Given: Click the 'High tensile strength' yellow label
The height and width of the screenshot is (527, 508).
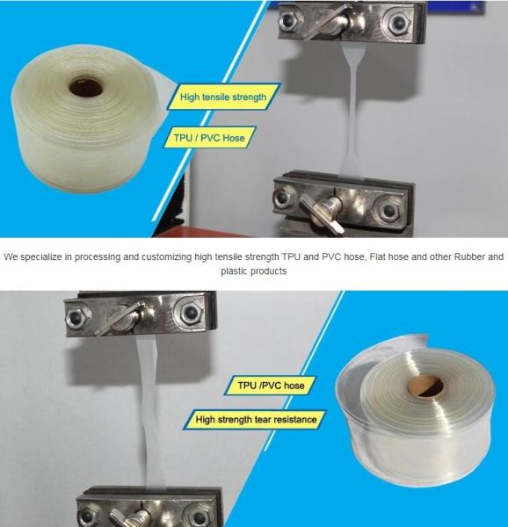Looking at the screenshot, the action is tap(223, 97).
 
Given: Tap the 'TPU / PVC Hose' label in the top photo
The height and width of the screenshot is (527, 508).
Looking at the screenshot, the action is tap(209, 138).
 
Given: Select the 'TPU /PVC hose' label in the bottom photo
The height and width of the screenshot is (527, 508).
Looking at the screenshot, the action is tap(271, 386).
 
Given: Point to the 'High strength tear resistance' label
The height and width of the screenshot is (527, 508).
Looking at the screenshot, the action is tap(256, 420).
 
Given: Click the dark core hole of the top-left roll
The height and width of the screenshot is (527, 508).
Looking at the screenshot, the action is tap(85, 86).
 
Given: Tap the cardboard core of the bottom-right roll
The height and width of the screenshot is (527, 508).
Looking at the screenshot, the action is tap(425, 386).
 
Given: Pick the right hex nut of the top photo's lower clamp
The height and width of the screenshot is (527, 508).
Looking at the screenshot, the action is tap(389, 210).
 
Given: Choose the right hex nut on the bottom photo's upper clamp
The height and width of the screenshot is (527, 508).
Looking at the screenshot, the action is tap(191, 314).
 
